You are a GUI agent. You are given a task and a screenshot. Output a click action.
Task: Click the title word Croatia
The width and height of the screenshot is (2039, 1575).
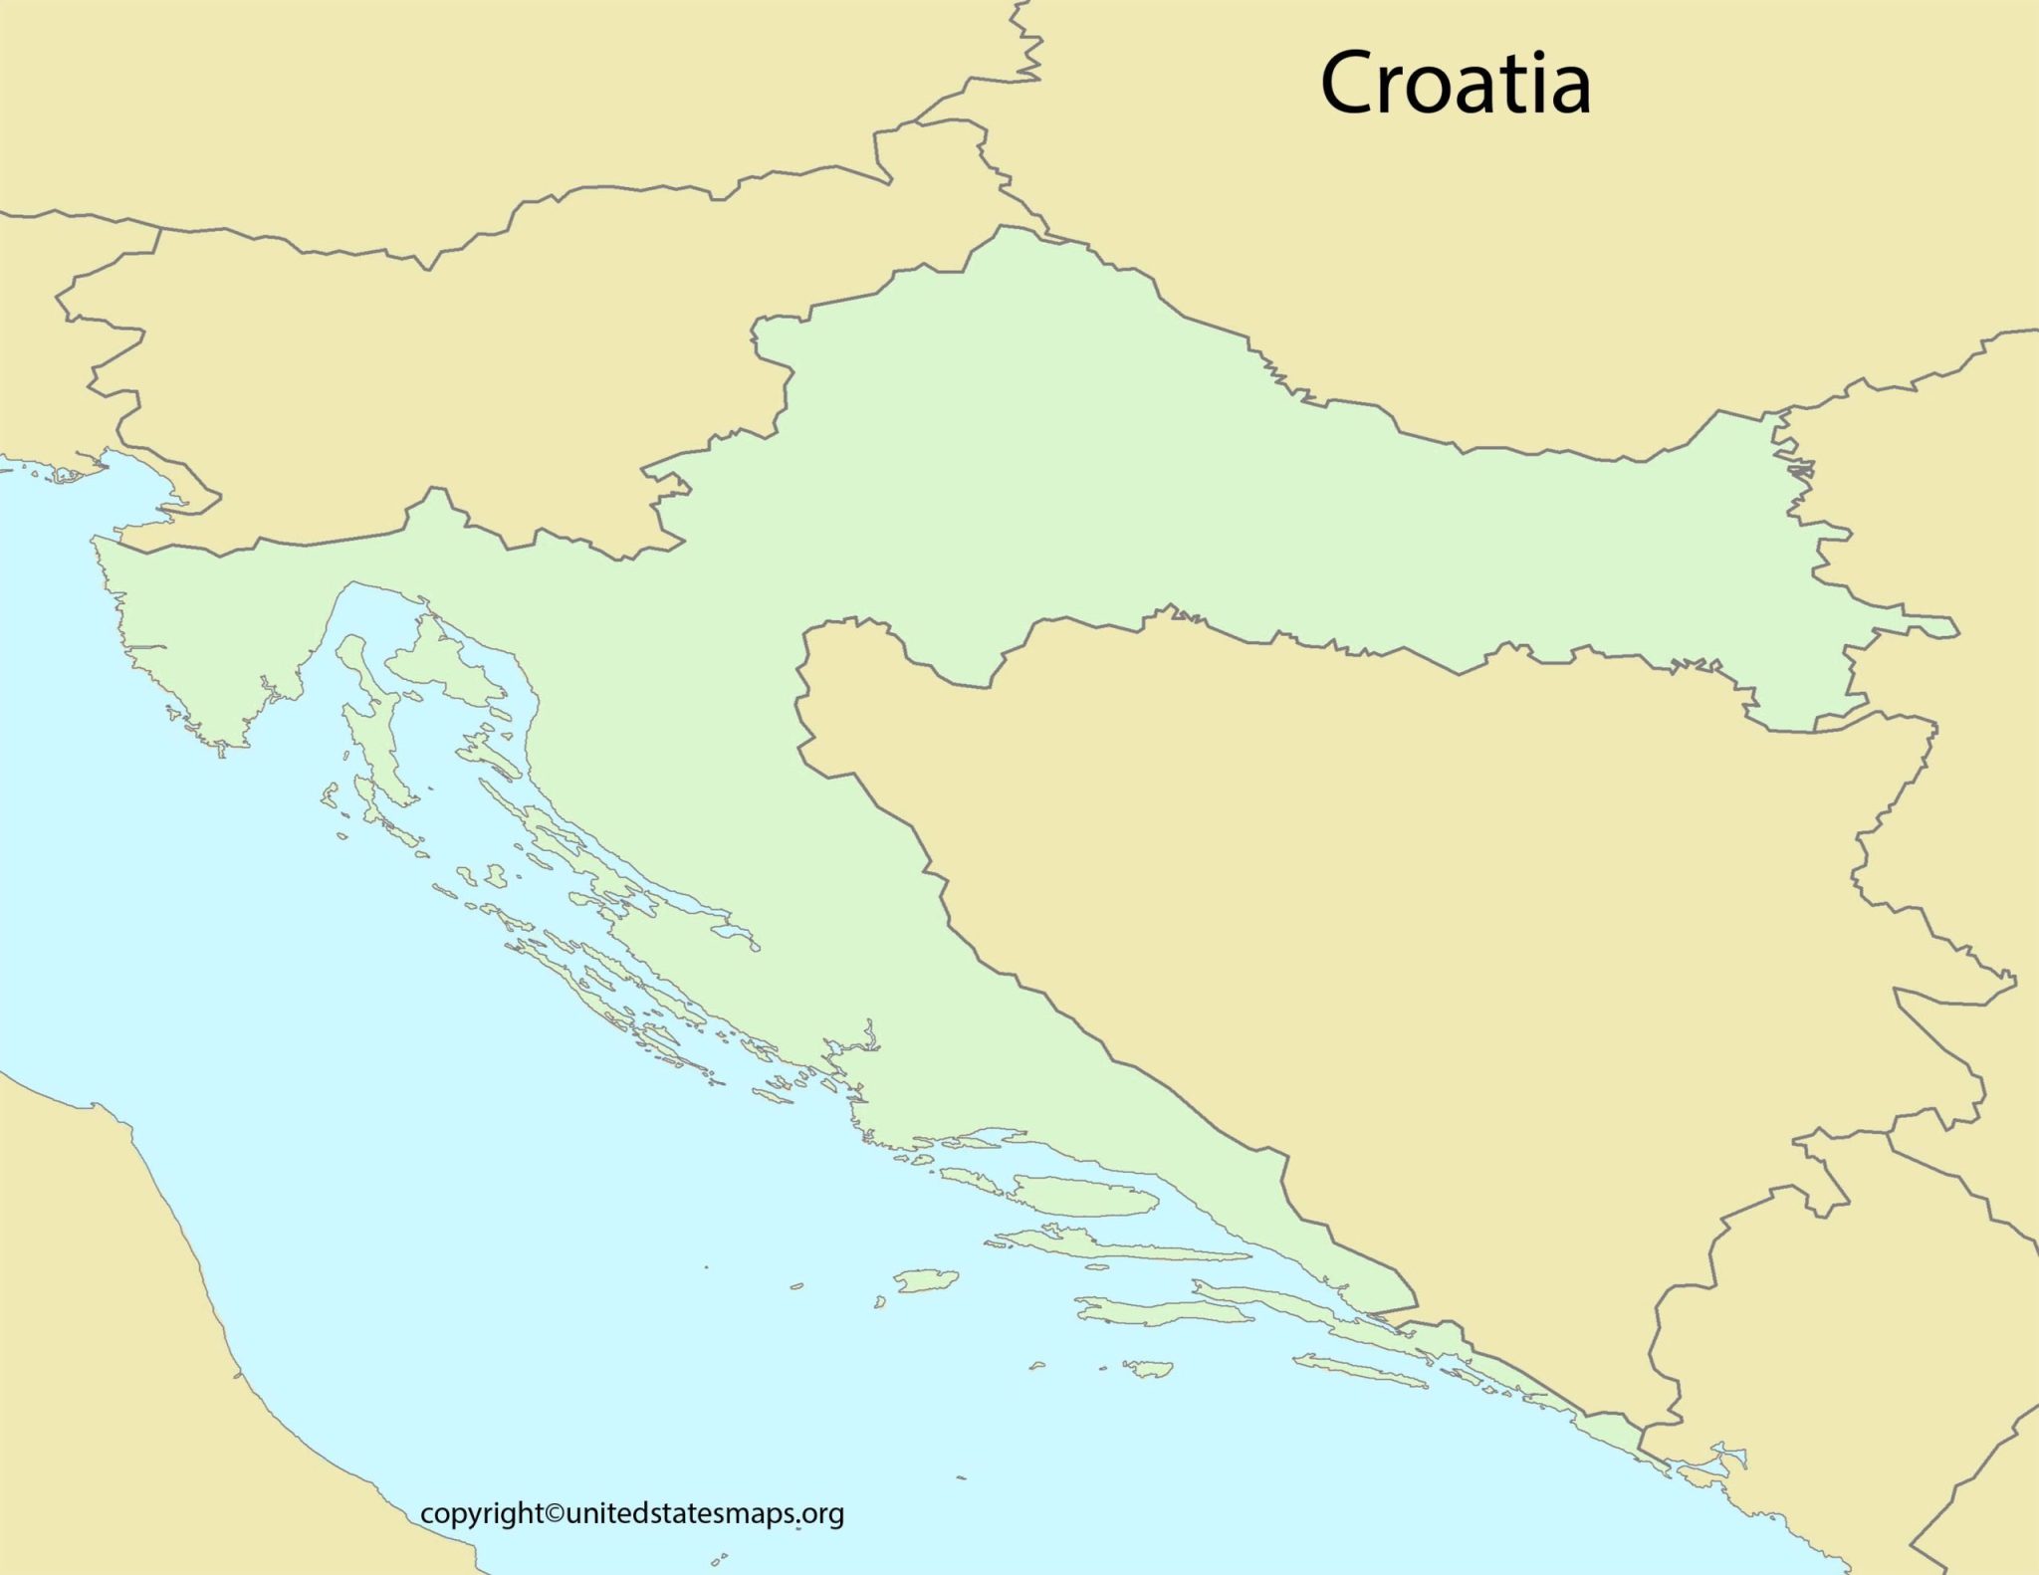(1455, 84)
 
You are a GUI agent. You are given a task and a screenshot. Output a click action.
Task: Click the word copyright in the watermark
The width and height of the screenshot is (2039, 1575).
(482, 1514)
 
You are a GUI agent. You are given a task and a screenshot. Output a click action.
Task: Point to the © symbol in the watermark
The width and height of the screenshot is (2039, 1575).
(555, 1514)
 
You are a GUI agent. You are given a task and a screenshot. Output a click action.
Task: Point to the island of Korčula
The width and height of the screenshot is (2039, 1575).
(1165, 1313)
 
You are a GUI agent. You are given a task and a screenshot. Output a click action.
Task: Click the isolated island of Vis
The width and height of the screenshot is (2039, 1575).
(926, 1280)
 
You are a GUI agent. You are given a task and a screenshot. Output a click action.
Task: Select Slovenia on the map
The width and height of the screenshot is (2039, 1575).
(418, 378)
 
